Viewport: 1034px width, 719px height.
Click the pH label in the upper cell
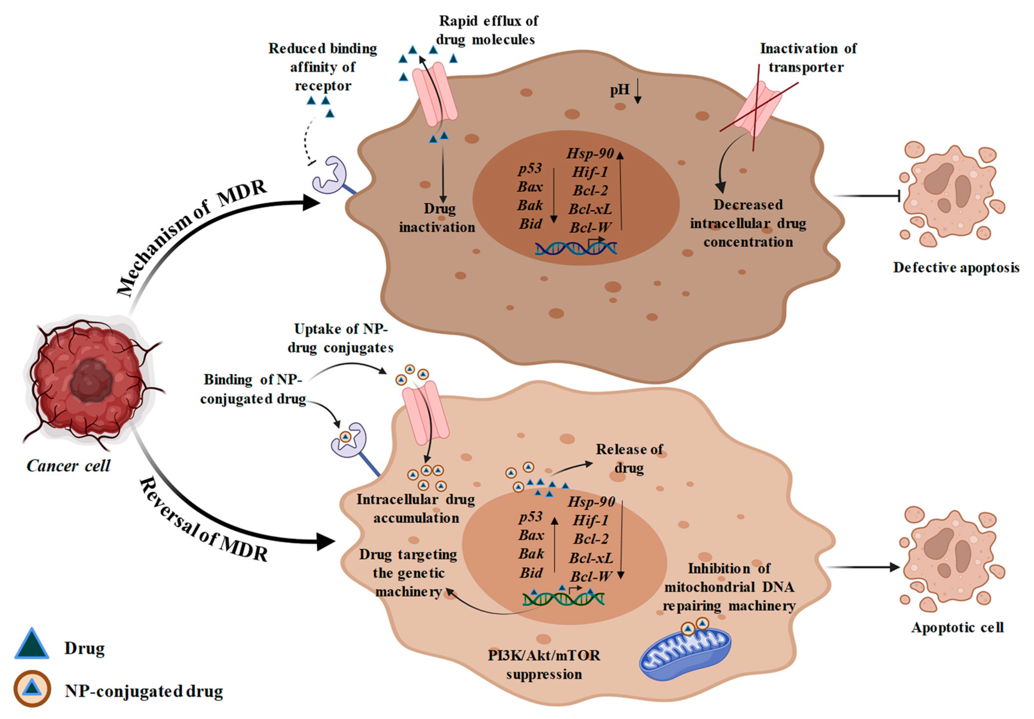(x=620, y=90)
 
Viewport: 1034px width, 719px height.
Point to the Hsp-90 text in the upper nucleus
(x=590, y=154)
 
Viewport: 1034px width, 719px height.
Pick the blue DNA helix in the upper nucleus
(x=576, y=248)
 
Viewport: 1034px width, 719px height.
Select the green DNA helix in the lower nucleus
(x=563, y=598)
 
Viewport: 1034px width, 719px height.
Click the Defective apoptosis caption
(x=956, y=268)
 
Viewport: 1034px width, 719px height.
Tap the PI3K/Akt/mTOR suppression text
(x=544, y=665)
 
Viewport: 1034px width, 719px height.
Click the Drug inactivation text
(x=437, y=218)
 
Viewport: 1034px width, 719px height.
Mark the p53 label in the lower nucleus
(x=531, y=517)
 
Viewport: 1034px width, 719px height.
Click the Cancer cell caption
(x=68, y=466)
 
